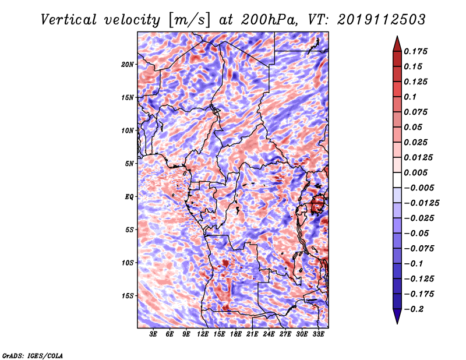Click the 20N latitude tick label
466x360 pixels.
pos(128,65)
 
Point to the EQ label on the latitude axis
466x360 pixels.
pos(129,197)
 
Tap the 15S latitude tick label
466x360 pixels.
pos(128,296)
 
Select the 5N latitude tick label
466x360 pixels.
pos(129,164)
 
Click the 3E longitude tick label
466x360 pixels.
pos(153,334)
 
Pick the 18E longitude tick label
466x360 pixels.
pos(236,334)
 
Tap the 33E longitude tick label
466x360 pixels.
pos(318,334)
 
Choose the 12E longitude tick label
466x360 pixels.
pos(203,334)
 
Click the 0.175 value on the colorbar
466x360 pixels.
pos(415,51)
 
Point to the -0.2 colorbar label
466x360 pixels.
pos(414,309)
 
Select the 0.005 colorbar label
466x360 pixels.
pos(415,172)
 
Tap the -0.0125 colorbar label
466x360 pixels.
pos(421,203)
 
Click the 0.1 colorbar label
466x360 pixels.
pos(410,97)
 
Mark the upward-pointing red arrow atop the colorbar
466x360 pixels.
pos(397,44)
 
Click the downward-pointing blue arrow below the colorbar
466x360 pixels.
pos(397,316)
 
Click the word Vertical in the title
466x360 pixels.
pos(69,20)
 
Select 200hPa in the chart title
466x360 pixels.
pos(269,20)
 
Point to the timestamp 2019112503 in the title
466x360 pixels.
pos(382,20)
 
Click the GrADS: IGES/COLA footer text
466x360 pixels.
pos(33,355)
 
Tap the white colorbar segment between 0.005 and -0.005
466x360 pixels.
pos(397,180)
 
